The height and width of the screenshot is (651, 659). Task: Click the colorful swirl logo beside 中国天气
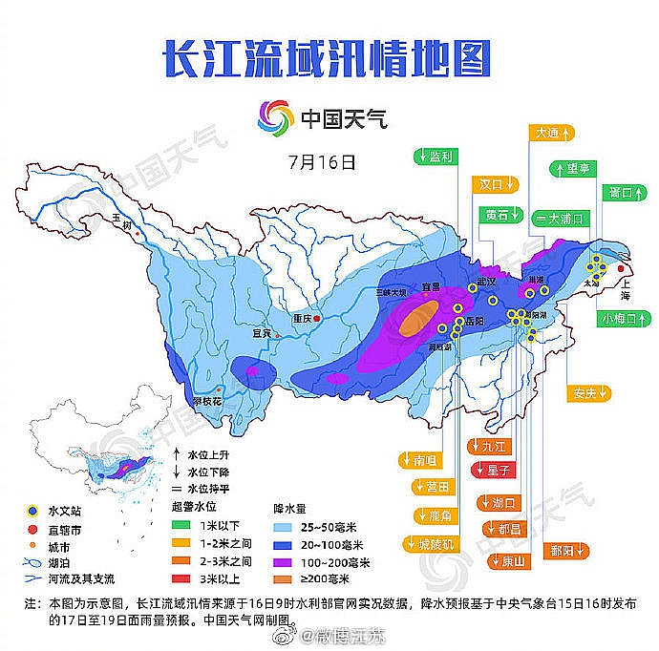(274, 120)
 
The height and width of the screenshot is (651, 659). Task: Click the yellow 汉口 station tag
(497, 183)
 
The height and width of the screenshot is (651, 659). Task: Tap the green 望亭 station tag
(579, 169)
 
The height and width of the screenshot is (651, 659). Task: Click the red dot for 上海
(621, 268)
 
